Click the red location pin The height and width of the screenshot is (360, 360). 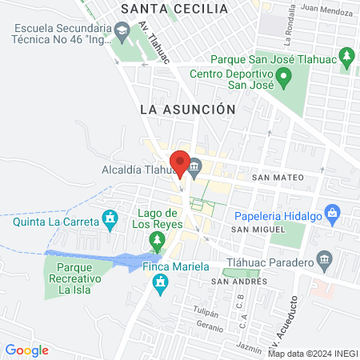coord(181,162)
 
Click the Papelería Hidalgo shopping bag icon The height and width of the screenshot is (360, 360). coord(334,214)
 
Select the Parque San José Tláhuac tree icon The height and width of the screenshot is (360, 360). coord(346,57)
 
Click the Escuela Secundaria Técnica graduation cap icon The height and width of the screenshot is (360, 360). coord(122,34)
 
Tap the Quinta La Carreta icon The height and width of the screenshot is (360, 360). coord(110,218)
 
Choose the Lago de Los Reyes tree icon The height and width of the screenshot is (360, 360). coord(158,240)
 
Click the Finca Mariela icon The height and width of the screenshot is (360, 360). coord(162,283)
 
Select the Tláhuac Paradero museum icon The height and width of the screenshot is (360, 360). coord(324,259)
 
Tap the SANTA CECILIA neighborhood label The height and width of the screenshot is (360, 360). coord(174,10)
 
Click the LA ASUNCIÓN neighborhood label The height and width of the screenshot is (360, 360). coord(187,109)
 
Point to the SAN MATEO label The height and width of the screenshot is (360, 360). coord(278,177)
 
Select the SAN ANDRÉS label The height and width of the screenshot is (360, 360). coord(234,282)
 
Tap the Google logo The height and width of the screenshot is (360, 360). coord(26,350)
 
